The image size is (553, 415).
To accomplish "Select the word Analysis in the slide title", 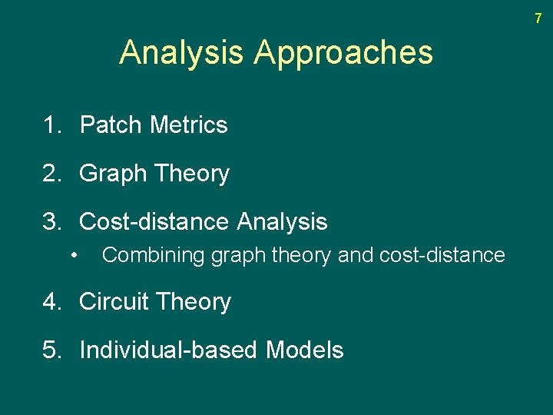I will pos(182,53).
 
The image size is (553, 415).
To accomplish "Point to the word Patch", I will pos(112,124).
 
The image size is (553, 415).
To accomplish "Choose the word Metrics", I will pos(189,124).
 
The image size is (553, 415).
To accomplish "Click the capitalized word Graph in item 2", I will pos(113,174).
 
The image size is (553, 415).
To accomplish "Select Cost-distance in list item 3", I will pos(154,222).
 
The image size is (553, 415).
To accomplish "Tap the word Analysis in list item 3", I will pos(282,222).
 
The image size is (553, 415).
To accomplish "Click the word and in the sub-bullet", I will pos(355,255).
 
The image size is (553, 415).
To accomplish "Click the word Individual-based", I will pos(168,350).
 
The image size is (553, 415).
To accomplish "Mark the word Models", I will pos(304,350).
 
